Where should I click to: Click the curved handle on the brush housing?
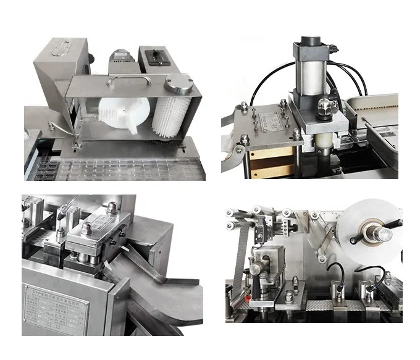coord(128,80)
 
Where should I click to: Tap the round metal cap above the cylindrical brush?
coord(179,83)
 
